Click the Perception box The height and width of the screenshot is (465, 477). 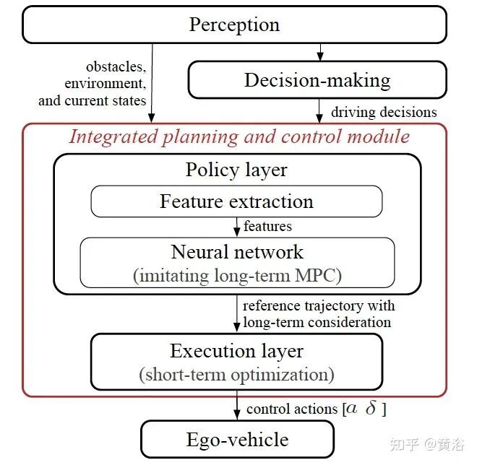[234, 25]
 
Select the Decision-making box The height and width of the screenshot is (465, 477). [317, 79]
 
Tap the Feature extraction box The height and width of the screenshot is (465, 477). [236, 201]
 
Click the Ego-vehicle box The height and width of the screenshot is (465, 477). [237, 440]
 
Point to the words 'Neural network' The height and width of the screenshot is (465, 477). [237, 252]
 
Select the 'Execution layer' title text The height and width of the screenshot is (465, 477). [236, 351]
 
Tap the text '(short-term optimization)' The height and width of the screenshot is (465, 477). [236, 374]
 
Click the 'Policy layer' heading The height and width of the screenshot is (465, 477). [236, 170]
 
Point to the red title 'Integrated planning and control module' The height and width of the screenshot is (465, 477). [239, 136]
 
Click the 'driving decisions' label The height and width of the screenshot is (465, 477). [384, 112]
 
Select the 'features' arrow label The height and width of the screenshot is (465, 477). [268, 226]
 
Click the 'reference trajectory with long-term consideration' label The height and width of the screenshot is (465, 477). [319, 314]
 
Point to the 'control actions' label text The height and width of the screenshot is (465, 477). [293, 409]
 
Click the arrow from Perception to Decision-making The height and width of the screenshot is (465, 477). [320, 52]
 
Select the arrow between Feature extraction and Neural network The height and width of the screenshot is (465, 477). [236, 227]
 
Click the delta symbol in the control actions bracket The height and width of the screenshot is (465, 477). [371, 409]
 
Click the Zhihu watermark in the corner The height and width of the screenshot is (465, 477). [426, 443]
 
